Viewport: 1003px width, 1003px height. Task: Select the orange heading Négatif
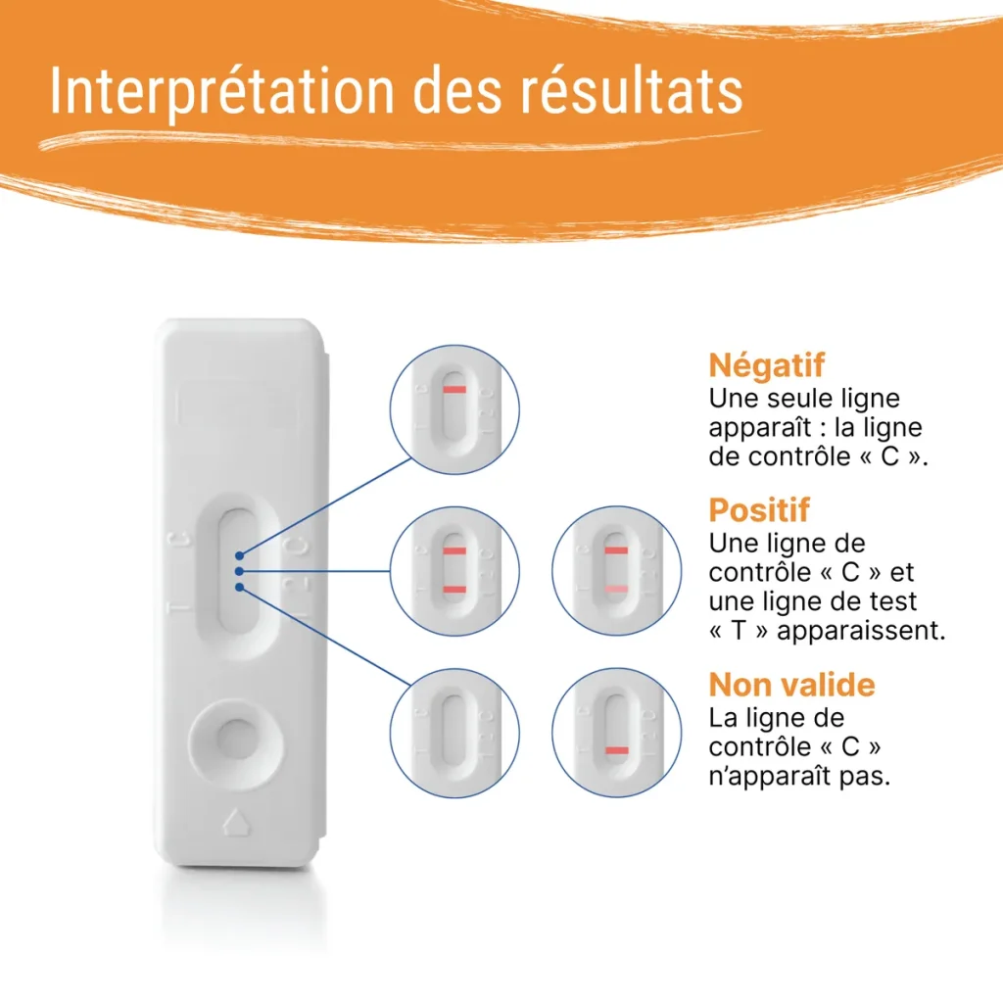(766, 365)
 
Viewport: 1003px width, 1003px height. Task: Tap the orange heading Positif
(759, 510)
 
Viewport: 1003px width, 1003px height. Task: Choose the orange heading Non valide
(791, 684)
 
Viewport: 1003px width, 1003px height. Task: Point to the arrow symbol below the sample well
(235, 821)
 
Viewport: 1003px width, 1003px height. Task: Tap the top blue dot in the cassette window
(240, 555)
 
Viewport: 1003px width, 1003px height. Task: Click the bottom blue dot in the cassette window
(239, 588)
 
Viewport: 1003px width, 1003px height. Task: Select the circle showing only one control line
(454, 408)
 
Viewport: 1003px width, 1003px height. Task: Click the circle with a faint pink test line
(616, 570)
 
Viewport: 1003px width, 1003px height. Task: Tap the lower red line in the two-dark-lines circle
(454, 588)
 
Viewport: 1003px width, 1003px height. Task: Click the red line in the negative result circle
(454, 390)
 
